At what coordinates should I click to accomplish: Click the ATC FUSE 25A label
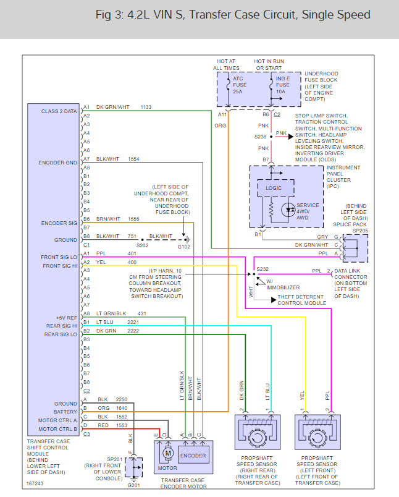(240, 85)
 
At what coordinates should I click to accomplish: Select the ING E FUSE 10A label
(282, 85)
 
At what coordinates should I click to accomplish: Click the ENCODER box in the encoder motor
(193, 456)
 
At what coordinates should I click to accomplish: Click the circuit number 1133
(146, 107)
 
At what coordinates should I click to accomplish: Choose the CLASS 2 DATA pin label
(59, 111)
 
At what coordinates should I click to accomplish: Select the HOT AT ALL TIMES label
(227, 64)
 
